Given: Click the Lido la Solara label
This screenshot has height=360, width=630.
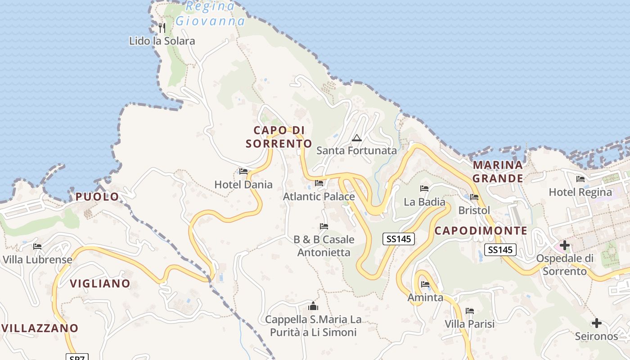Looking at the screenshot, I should coord(162,41).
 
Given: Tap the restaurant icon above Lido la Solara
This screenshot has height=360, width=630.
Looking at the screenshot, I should coord(162,28).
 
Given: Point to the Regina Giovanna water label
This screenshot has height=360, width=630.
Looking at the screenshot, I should coord(211,14).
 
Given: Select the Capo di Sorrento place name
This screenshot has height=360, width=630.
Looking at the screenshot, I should coord(279,137).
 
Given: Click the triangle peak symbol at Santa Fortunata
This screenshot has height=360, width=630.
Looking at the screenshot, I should coord(357,138).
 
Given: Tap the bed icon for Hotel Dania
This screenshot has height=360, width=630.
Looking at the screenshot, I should coord(243,171).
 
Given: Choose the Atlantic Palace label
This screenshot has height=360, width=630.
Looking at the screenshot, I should coord(319,197).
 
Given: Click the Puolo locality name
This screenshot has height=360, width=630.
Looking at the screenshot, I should coord(97,197).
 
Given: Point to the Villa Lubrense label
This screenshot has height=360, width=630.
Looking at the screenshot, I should coord(37,260).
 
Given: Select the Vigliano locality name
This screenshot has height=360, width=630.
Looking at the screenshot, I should coord(100,283).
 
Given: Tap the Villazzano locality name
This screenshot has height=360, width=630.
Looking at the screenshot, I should coord(40,328).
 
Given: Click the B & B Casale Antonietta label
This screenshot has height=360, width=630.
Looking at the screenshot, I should coord(324,246).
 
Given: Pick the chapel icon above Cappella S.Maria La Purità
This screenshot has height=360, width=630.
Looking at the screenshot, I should coord(313,306).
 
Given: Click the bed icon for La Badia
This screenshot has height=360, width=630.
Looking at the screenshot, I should coord(424,189).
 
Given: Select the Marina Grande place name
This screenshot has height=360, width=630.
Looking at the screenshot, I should coord(498,171).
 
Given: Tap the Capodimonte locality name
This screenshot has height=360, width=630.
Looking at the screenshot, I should coord(481,231).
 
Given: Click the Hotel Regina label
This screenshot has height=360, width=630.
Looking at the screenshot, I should coord(580,192).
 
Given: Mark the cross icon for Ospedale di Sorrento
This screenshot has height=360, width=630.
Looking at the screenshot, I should coord(564,245).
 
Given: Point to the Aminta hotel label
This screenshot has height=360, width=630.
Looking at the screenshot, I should coord(425,297).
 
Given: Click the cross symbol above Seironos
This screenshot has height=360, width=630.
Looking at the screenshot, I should coord(597,323).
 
